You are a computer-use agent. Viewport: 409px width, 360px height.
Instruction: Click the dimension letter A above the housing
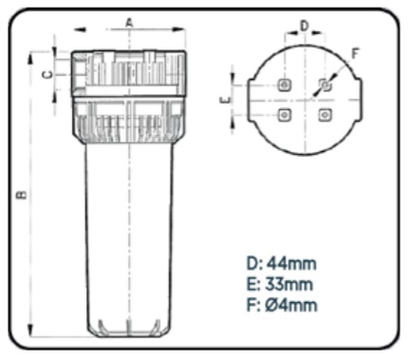point(129,23)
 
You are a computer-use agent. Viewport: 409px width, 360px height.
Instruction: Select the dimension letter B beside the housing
point(22,195)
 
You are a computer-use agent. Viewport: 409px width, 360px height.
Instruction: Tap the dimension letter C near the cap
point(47,75)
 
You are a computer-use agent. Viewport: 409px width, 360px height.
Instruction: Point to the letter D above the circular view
point(304,26)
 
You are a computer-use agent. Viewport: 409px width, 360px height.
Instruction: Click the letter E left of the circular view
point(225,101)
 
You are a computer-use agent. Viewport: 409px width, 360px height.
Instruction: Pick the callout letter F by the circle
point(355,54)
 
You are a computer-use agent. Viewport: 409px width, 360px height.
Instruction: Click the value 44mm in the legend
point(291,264)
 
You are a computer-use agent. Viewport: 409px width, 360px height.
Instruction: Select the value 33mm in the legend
point(288,284)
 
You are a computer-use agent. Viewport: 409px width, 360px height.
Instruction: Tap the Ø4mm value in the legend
point(291,305)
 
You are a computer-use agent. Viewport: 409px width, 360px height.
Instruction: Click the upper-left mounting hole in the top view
point(285,85)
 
